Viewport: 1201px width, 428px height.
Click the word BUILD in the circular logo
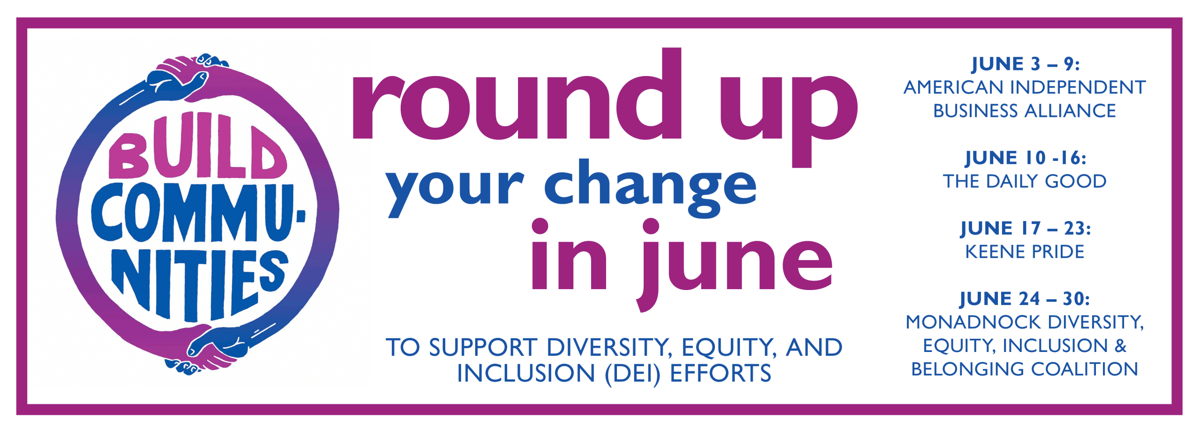(x=197, y=146)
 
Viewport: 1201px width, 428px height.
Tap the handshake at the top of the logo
(x=188, y=77)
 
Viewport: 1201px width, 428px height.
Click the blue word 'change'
(x=650, y=188)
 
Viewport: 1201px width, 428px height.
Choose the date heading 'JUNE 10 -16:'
(x=1026, y=158)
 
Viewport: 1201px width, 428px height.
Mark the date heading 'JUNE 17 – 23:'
(x=1026, y=229)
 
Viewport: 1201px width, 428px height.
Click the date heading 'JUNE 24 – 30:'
(x=1025, y=299)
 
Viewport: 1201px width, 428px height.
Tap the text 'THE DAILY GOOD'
(x=1025, y=181)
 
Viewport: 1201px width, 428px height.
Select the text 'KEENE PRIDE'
(x=1025, y=252)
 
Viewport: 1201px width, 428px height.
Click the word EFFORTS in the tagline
(x=720, y=374)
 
